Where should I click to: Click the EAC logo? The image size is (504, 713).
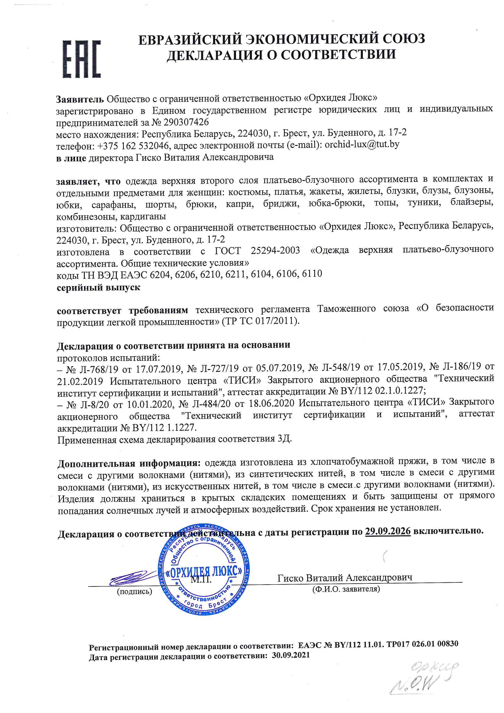82,59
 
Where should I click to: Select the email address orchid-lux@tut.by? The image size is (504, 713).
362,145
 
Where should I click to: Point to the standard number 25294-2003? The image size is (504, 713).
275,250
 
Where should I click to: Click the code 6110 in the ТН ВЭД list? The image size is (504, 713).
312,274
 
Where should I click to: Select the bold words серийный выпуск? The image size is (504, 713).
98,288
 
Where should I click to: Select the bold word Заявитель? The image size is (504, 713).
80,99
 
